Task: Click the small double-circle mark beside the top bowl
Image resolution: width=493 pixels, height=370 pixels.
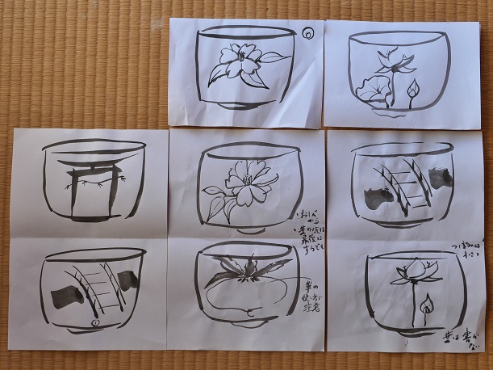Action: pyautogui.click(x=307, y=34)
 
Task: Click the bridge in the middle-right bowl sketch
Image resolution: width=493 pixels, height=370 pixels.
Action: pyautogui.click(x=402, y=185)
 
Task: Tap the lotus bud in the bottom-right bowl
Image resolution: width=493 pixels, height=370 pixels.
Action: pyautogui.click(x=425, y=305)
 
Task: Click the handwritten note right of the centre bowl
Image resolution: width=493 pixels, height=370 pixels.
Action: pyautogui.click(x=310, y=229)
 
